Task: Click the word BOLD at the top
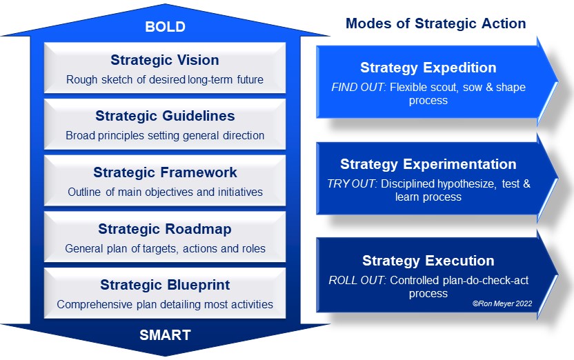(x=165, y=27)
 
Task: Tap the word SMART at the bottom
(x=165, y=335)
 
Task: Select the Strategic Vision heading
(x=165, y=60)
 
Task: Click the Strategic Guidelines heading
(x=165, y=116)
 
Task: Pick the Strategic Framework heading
(x=165, y=172)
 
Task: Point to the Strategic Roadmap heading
(x=165, y=229)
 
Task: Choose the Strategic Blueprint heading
(x=165, y=285)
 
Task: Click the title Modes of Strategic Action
(x=435, y=23)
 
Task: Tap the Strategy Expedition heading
(x=428, y=68)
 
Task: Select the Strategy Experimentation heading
(x=428, y=164)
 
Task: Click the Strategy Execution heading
(x=428, y=261)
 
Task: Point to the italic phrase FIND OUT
(x=357, y=87)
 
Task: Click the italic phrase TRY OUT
(x=351, y=183)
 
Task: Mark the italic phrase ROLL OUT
(x=357, y=280)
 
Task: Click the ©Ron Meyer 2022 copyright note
(x=502, y=303)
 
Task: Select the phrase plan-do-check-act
(x=486, y=281)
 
